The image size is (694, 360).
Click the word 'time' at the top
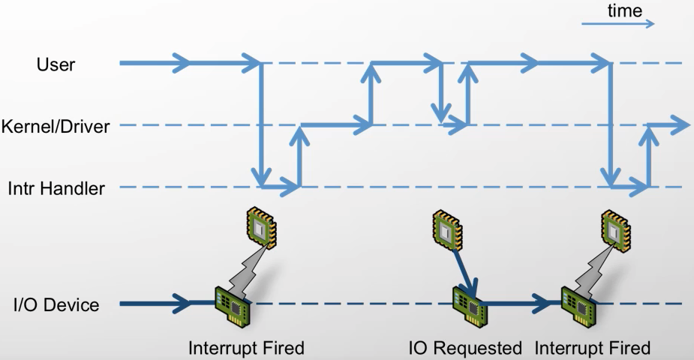pos(624,10)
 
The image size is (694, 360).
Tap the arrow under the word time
pos(618,23)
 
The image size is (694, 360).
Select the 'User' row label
pos(56,64)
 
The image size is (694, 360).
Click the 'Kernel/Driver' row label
pos(56,127)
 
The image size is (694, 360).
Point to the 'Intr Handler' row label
pos(56,188)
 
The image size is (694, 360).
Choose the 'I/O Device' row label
pos(56,304)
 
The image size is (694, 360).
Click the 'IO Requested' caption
pos(465,348)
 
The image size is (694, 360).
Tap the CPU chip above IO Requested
pos(447,229)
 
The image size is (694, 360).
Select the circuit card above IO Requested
pos(470,307)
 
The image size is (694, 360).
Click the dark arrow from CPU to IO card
pos(464,272)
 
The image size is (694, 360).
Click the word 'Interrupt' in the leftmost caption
pos(221,348)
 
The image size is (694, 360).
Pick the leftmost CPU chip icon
pos(262,226)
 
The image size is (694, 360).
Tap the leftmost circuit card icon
pos(233,307)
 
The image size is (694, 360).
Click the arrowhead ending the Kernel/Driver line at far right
pos(680,125)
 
